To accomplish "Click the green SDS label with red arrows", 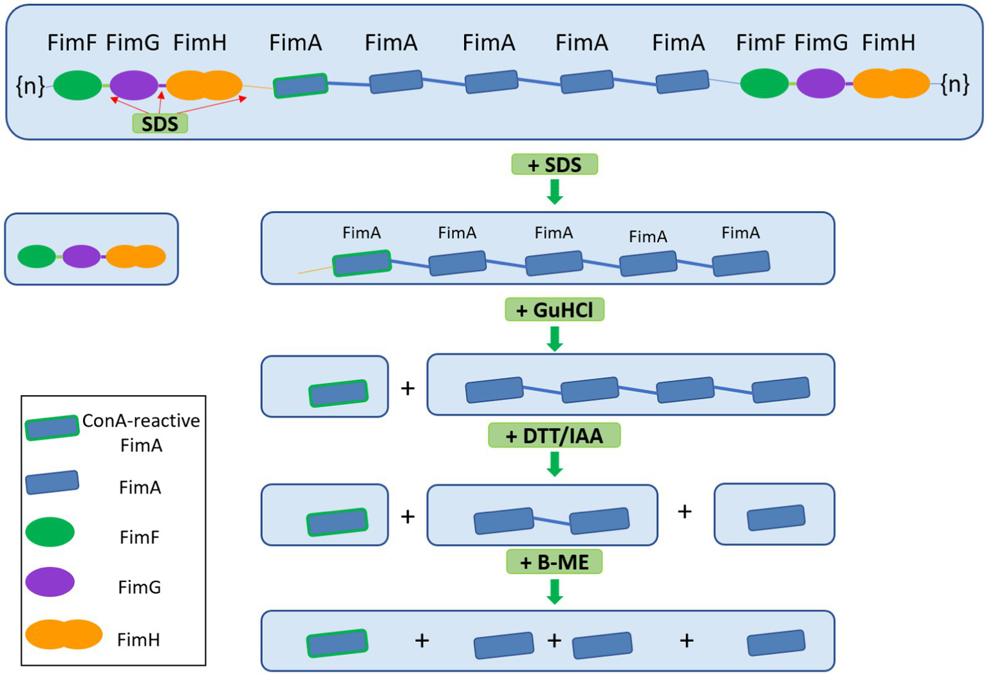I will [x=160, y=123].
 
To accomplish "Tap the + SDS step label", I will [x=554, y=165].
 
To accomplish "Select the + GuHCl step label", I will [x=554, y=310].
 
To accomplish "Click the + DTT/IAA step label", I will [x=554, y=436].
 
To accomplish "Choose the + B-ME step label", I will [x=554, y=562].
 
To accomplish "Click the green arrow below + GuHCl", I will [x=554, y=338].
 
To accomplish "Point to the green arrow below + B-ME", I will [x=554, y=591].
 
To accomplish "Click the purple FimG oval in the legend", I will [x=50, y=582].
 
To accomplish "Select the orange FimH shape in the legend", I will [x=64, y=634].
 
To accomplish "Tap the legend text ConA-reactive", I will [x=141, y=421].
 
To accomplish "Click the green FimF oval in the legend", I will [x=50, y=532].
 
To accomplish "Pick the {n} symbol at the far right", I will [x=955, y=84].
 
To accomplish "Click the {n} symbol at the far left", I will [x=30, y=85].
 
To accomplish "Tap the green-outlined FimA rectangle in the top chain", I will [x=301, y=86].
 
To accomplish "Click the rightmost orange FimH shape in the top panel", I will [x=891, y=84].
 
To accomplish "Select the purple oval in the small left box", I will [x=82, y=256].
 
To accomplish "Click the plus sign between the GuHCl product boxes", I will [x=407, y=388].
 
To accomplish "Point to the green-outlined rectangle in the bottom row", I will [x=337, y=643].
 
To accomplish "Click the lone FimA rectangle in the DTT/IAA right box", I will [x=776, y=518].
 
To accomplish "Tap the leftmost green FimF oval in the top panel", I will [x=77, y=85].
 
